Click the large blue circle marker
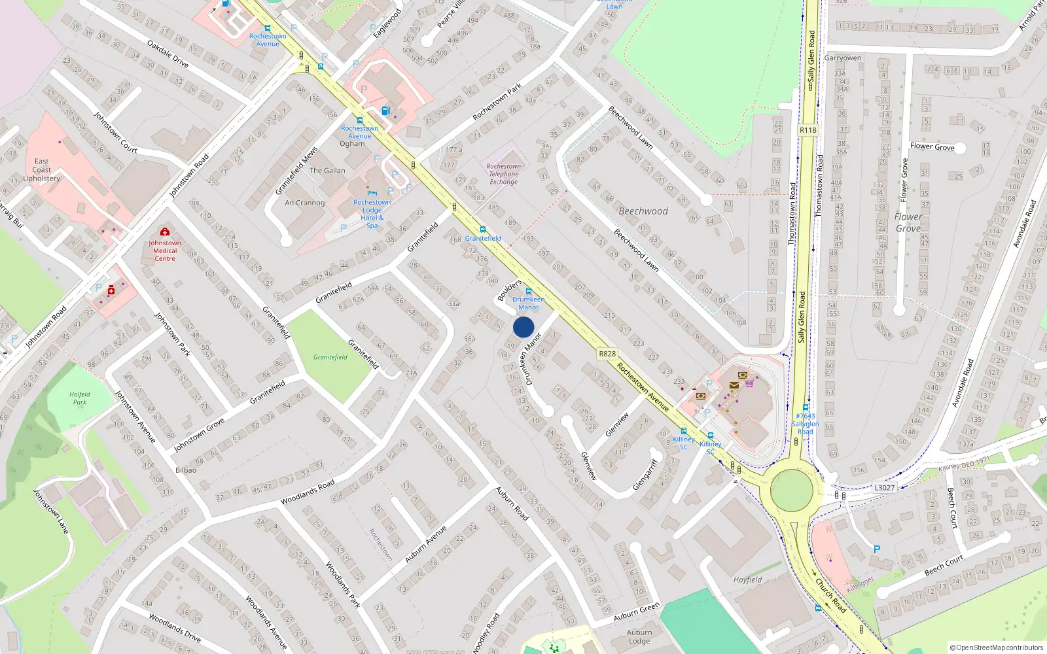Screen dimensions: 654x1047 [x=523, y=327]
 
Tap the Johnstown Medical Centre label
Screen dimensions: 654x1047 [x=165, y=250]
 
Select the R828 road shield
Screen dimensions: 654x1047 [x=607, y=354]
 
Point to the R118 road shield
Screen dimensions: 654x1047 [x=808, y=130]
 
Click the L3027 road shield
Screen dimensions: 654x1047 [x=884, y=488]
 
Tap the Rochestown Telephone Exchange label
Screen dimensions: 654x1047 [x=503, y=174]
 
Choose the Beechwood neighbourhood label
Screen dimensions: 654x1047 [x=643, y=211]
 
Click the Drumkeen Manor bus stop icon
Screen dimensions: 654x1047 [x=529, y=291]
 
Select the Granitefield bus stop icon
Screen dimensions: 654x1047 [x=483, y=230]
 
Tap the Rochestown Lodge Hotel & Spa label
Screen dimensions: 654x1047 [x=372, y=214]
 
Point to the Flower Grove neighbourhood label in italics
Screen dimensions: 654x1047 [x=908, y=222]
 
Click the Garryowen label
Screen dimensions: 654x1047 [x=843, y=58]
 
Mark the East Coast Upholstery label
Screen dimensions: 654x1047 [x=41, y=170]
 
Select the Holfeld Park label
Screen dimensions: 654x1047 [x=80, y=398]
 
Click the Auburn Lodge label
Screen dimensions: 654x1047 [x=639, y=636]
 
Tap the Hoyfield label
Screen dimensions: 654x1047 [x=747, y=579]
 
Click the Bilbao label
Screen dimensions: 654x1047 [x=186, y=470]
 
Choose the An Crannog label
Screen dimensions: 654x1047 [x=305, y=203]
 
